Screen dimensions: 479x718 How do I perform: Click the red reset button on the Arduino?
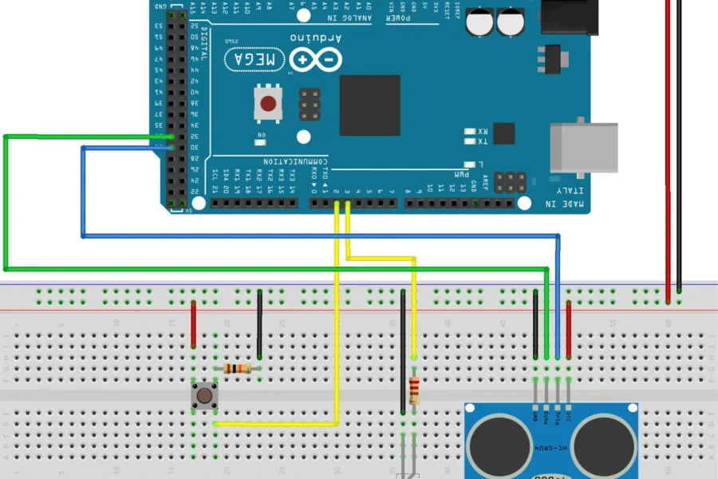click(269, 103)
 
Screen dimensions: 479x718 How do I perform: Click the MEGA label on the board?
click(255, 59)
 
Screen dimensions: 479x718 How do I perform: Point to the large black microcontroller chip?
click(369, 105)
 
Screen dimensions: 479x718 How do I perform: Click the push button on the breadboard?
click(205, 394)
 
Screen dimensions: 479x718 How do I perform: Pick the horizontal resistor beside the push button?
click(238, 368)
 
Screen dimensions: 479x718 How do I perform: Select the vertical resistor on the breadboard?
click(414, 390)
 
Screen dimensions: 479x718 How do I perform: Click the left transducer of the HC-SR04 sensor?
click(499, 444)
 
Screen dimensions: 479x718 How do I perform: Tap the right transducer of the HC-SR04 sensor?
click(603, 444)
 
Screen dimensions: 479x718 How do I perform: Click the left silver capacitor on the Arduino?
click(479, 22)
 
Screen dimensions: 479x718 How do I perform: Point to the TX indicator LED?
click(470, 142)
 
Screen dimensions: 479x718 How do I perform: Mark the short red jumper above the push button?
click(194, 324)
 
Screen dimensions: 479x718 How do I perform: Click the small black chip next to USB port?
click(503, 133)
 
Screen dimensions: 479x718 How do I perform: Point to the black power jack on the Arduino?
click(569, 17)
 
